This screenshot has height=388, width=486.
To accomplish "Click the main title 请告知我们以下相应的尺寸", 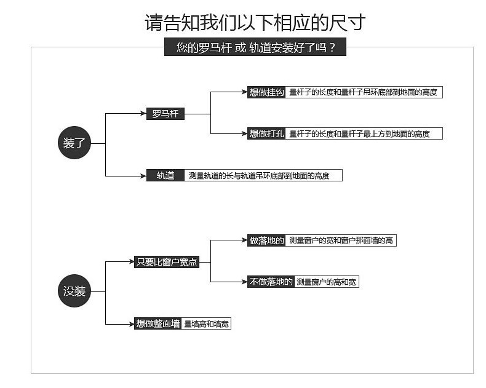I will tap(255, 23).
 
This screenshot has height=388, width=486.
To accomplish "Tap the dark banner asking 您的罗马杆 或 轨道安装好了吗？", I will tap(255, 47).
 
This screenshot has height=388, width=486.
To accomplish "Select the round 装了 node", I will tap(74, 143).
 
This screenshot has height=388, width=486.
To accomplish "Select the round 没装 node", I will tap(74, 291).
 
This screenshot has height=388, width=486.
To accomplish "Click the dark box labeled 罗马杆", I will tap(165, 114).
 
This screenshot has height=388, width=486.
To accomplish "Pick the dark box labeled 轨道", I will tap(165, 175).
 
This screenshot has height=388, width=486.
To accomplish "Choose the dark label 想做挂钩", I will tap(266, 92).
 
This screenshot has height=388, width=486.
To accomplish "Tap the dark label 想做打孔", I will tap(266, 133).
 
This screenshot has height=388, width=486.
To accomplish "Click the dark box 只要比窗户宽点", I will tap(166, 262).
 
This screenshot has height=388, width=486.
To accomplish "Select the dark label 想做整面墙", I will tap(158, 323).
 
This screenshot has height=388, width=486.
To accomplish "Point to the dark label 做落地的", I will tap(266, 240).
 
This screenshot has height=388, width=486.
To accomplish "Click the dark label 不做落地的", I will tap(271, 282).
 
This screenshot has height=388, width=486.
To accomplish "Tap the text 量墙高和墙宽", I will tap(206, 323).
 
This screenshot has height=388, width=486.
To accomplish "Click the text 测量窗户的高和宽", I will tap(326, 282).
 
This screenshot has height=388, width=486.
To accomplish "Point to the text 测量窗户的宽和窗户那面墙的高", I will tap(341, 240).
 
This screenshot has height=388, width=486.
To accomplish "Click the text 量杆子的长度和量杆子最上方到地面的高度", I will tap(359, 133).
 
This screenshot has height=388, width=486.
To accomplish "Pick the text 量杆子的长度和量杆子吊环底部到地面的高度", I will tap(363, 92).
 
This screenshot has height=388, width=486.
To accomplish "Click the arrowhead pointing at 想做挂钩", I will tap(244, 92).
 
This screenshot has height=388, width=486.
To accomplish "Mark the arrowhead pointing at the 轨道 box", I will tap(143, 176).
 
